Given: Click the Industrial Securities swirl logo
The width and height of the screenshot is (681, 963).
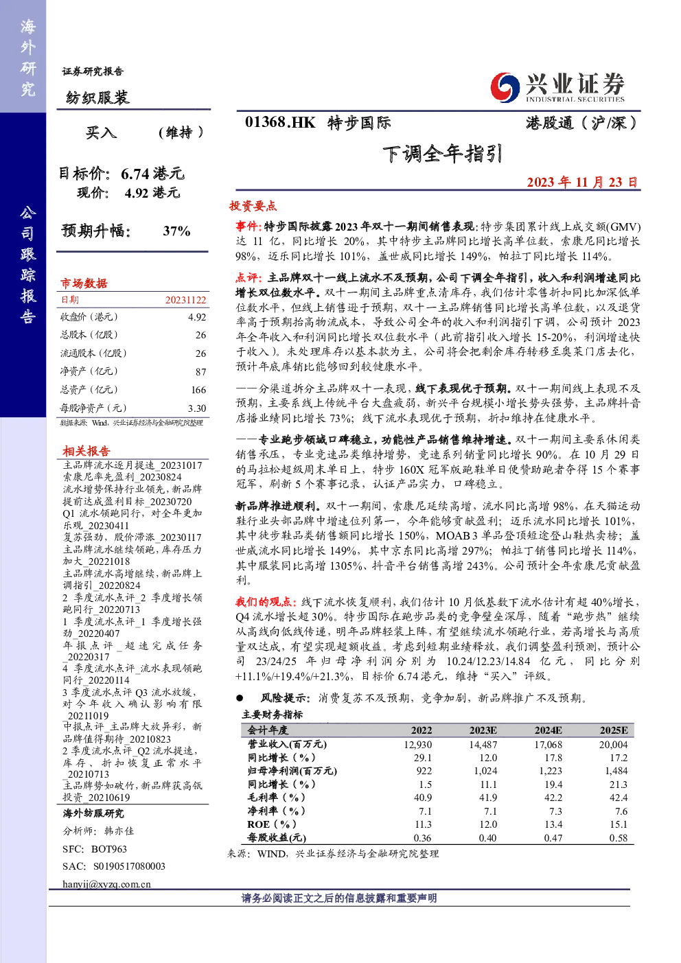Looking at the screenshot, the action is pos(505,87).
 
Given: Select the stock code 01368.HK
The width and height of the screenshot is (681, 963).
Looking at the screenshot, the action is pos(280,122).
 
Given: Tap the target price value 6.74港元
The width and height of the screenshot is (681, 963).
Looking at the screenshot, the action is pos(152,174).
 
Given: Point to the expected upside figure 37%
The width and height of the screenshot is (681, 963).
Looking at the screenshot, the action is pos(176,231).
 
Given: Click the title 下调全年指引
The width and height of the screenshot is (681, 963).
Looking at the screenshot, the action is pos(442,154).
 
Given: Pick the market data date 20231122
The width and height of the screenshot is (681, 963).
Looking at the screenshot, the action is pos(186,300).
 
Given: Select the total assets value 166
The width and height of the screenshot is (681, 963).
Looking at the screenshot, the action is pos(198,389).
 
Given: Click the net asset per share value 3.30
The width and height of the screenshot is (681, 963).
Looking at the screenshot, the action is pos(197,408).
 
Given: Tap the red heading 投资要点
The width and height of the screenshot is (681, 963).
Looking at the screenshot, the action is pos(253,206).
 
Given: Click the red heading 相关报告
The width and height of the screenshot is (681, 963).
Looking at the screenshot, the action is pos(86,450).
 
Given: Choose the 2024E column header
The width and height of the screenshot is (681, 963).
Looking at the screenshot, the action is pos(548,730).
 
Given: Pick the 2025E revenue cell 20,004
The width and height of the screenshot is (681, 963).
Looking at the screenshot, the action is pos(614,744).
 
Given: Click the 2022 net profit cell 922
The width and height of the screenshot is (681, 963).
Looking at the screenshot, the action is pos(424,771).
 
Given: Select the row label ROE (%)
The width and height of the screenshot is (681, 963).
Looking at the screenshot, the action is pos(272,824).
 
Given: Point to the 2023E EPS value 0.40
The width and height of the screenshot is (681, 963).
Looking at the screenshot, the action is pos(488,838).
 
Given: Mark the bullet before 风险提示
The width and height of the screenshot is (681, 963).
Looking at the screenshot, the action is pos(240,698).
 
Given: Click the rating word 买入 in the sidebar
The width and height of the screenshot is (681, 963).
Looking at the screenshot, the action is pos(101,132).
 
